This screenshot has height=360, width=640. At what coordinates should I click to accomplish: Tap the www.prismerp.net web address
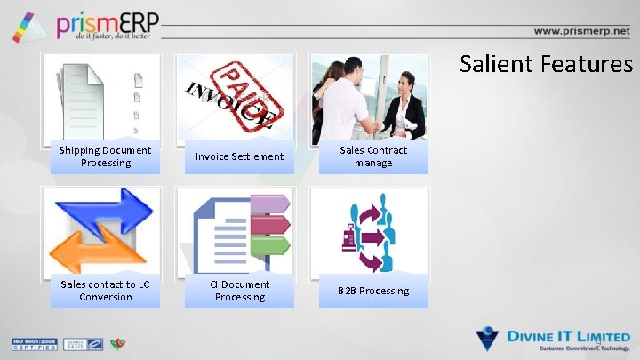click(x=581, y=30)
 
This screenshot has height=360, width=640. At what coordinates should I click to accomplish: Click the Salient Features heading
click(x=546, y=64)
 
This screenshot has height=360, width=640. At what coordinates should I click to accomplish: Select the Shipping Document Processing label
click(x=105, y=156)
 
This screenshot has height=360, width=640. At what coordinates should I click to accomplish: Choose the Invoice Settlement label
click(x=239, y=156)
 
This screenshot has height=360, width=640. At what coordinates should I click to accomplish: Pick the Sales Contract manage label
click(x=373, y=156)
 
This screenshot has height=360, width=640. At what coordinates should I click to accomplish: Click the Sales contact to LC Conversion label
click(x=105, y=291)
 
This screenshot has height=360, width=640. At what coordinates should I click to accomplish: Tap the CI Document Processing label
click(x=239, y=291)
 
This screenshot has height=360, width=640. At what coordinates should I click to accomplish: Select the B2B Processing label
click(x=373, y=291)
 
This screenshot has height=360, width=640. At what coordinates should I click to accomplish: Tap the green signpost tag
click(x=271, y=244)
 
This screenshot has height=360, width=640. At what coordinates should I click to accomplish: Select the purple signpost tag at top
click(x=271, y=204)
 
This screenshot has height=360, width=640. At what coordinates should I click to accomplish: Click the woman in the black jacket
click(x=404, y=105)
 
